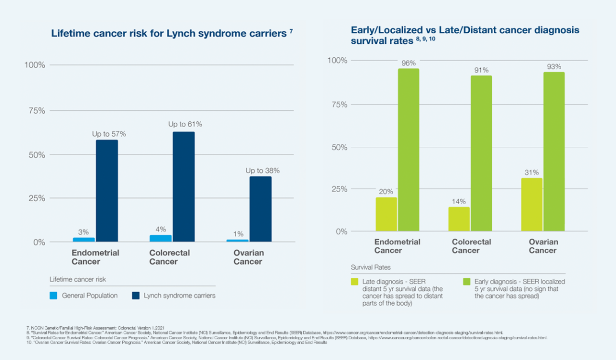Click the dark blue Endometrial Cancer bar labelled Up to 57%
[107, 191]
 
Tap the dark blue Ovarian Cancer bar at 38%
[260, 209]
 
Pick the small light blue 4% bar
[160, 238]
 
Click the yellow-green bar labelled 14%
[459, 219]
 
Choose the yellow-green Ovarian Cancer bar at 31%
[531, 205]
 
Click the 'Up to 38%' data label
[262, 170]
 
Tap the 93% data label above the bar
[554, 67]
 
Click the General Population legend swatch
[53, 296]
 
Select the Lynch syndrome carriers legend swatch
[135, 296]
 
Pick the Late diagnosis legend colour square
[355, 281]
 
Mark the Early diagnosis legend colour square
[466, 281]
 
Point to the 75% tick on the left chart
[35, 111]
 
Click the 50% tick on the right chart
[337, 147]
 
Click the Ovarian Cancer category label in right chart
[543, 246]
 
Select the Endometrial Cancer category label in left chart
[95, 257]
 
